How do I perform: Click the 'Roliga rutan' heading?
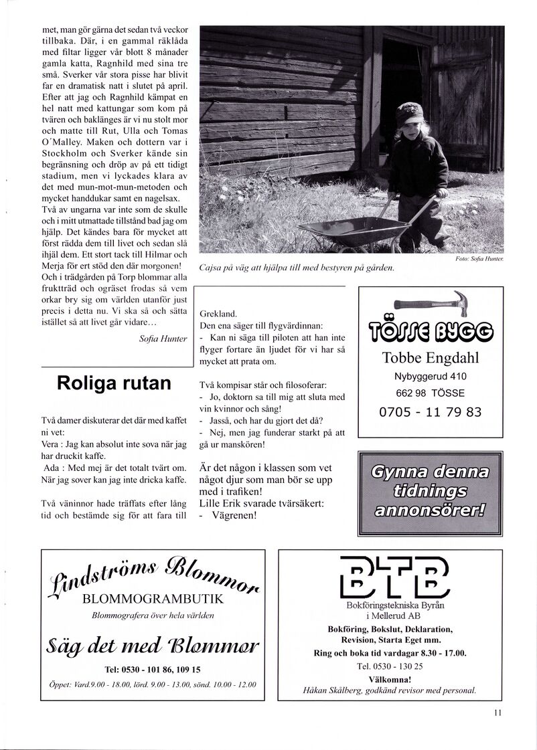point(114,383)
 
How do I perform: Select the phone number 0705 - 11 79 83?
point(431,412)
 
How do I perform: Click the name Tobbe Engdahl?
point(431,358)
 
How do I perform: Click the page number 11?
point(497,713)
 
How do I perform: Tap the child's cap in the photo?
point(408,114)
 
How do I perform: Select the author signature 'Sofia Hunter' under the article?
point(163,339)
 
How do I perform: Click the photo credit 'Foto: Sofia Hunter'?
point(479,258)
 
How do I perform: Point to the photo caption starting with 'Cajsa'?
point(297,268)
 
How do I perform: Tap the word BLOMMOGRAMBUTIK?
point(152,599)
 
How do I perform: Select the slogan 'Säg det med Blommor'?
point(153,646)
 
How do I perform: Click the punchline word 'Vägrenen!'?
point(234,515)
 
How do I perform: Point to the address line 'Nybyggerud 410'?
point(431,377)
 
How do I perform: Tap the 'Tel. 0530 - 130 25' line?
point(390,666)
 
